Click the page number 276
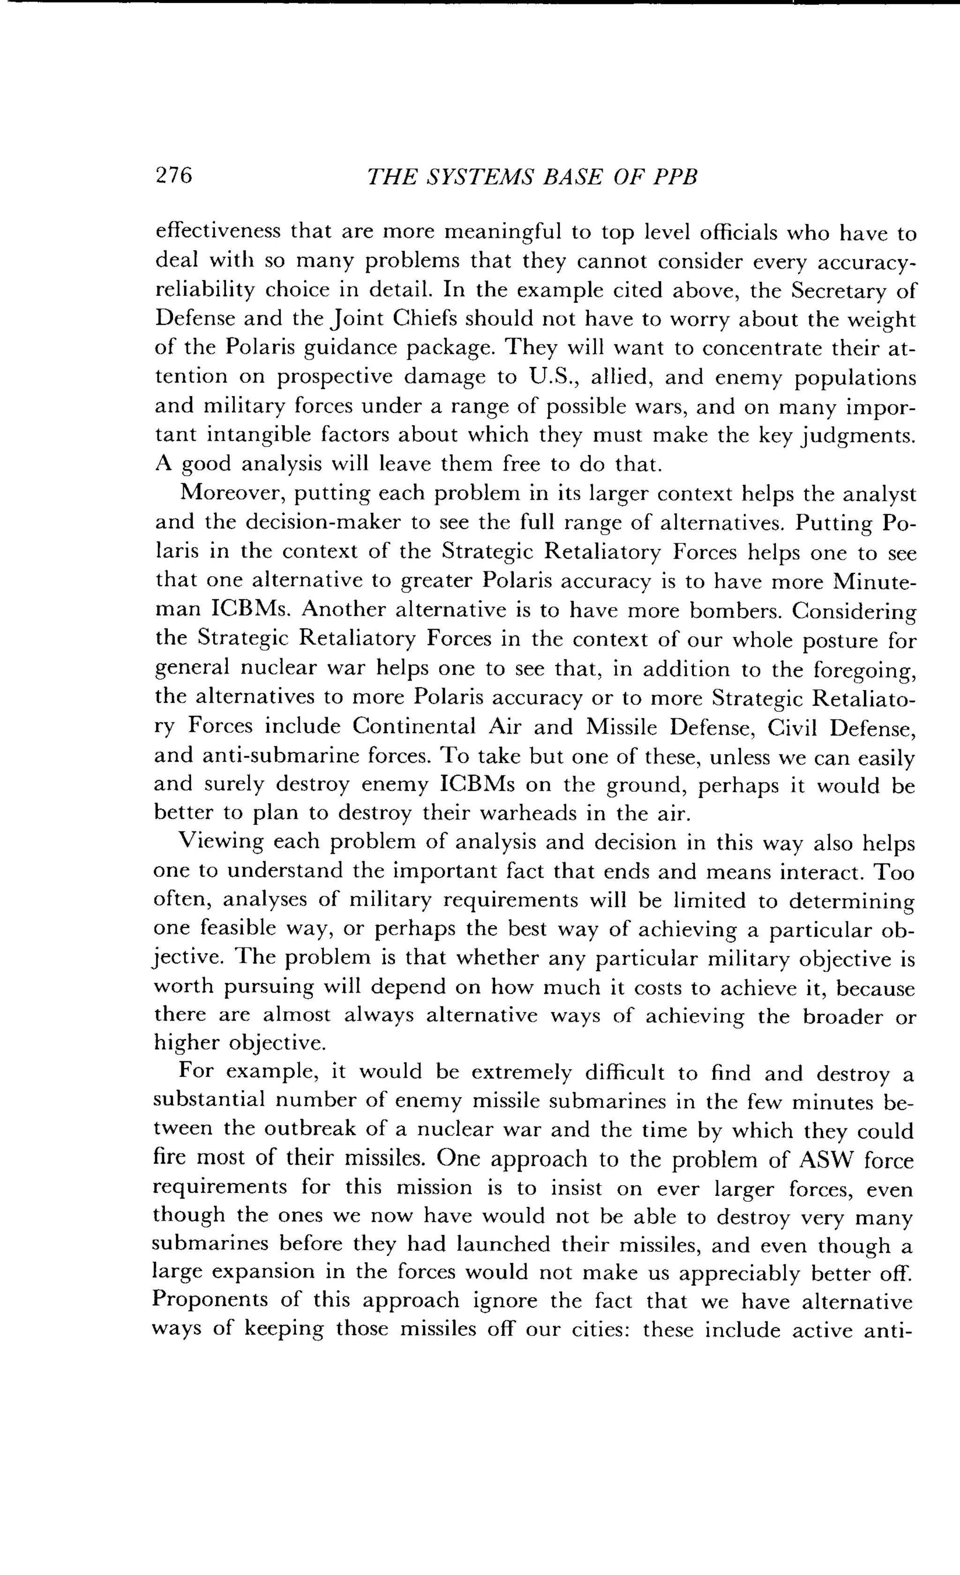coord(174,175)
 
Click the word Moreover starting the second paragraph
coord(231,494)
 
